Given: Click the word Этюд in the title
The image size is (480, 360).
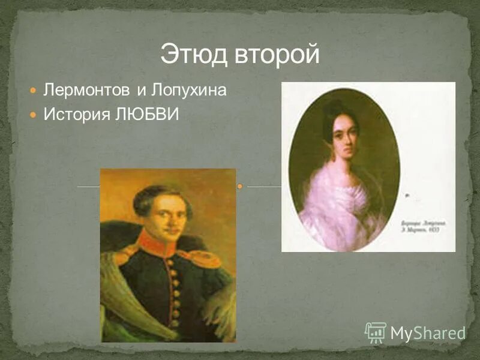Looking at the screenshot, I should (x=193, y=55).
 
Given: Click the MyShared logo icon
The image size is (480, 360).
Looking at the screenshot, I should (x=375, y=332).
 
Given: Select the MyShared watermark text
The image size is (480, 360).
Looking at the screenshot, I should (x=428, y=334).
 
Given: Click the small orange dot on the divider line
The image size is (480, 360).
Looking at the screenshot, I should (x=239, y=187).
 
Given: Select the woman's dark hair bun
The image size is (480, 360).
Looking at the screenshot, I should (x=334, y=110).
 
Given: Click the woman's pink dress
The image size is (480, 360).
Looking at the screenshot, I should (x=339, y=207).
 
